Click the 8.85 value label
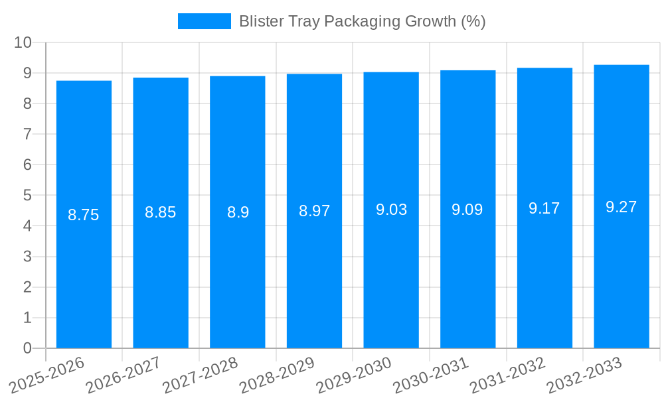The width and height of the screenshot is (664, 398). [x=161, y=212]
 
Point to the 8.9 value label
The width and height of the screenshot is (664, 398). [x=238, y=212]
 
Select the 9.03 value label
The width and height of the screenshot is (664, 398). [x=391, y=210]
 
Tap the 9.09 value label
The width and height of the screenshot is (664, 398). [x=467, y=210]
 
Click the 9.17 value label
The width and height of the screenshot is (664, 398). [x=544, y=208]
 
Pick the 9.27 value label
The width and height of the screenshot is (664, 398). [x=622, y=207]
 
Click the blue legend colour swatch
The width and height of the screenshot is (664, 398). [x=204, y=21]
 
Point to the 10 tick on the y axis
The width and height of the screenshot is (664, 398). [x=23, y=42]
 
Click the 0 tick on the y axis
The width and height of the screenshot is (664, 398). [x=27, y=348]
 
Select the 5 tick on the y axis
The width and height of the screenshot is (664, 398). [x=27, y=196]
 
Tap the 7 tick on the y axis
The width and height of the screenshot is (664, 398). [x=27, y=134]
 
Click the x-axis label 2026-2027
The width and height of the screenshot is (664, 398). [x=124, y=375]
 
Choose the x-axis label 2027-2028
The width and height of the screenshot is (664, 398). [x=200, y=375]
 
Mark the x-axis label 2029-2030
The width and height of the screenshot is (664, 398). [x=354, y=375]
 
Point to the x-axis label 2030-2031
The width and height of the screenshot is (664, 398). [x=431, y=375]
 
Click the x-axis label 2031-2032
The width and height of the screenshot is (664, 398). [x=507, y=375]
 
